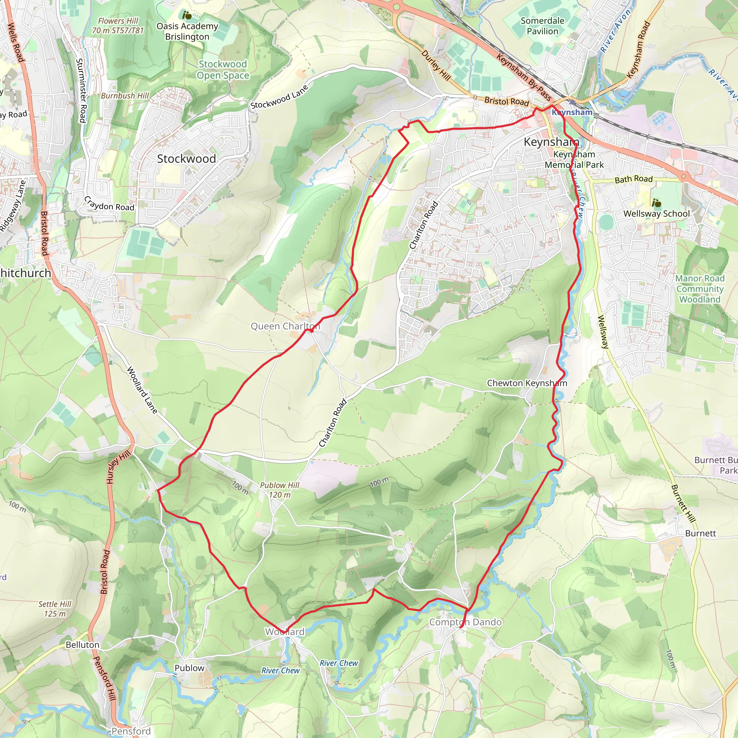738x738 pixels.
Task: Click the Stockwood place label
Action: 186,159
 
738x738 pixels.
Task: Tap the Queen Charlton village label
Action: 285,326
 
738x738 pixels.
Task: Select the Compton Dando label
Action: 465,622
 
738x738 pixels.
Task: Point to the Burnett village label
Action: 700,533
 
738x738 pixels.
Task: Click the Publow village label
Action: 190,668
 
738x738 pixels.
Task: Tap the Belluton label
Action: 83,645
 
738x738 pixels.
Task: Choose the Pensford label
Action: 131,731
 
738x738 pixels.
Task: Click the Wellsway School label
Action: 657,214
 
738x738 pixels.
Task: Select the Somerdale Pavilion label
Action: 542,26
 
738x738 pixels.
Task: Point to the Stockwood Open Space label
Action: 223,70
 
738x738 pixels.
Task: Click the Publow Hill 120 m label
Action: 280,490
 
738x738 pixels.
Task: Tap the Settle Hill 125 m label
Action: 55,609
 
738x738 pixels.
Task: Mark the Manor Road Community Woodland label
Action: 700,289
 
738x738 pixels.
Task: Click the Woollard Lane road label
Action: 142,390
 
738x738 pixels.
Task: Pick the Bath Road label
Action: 634,179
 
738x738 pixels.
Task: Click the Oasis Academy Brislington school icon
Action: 187,15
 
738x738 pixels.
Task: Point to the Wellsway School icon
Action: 656,203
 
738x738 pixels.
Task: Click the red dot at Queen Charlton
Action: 312,331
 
